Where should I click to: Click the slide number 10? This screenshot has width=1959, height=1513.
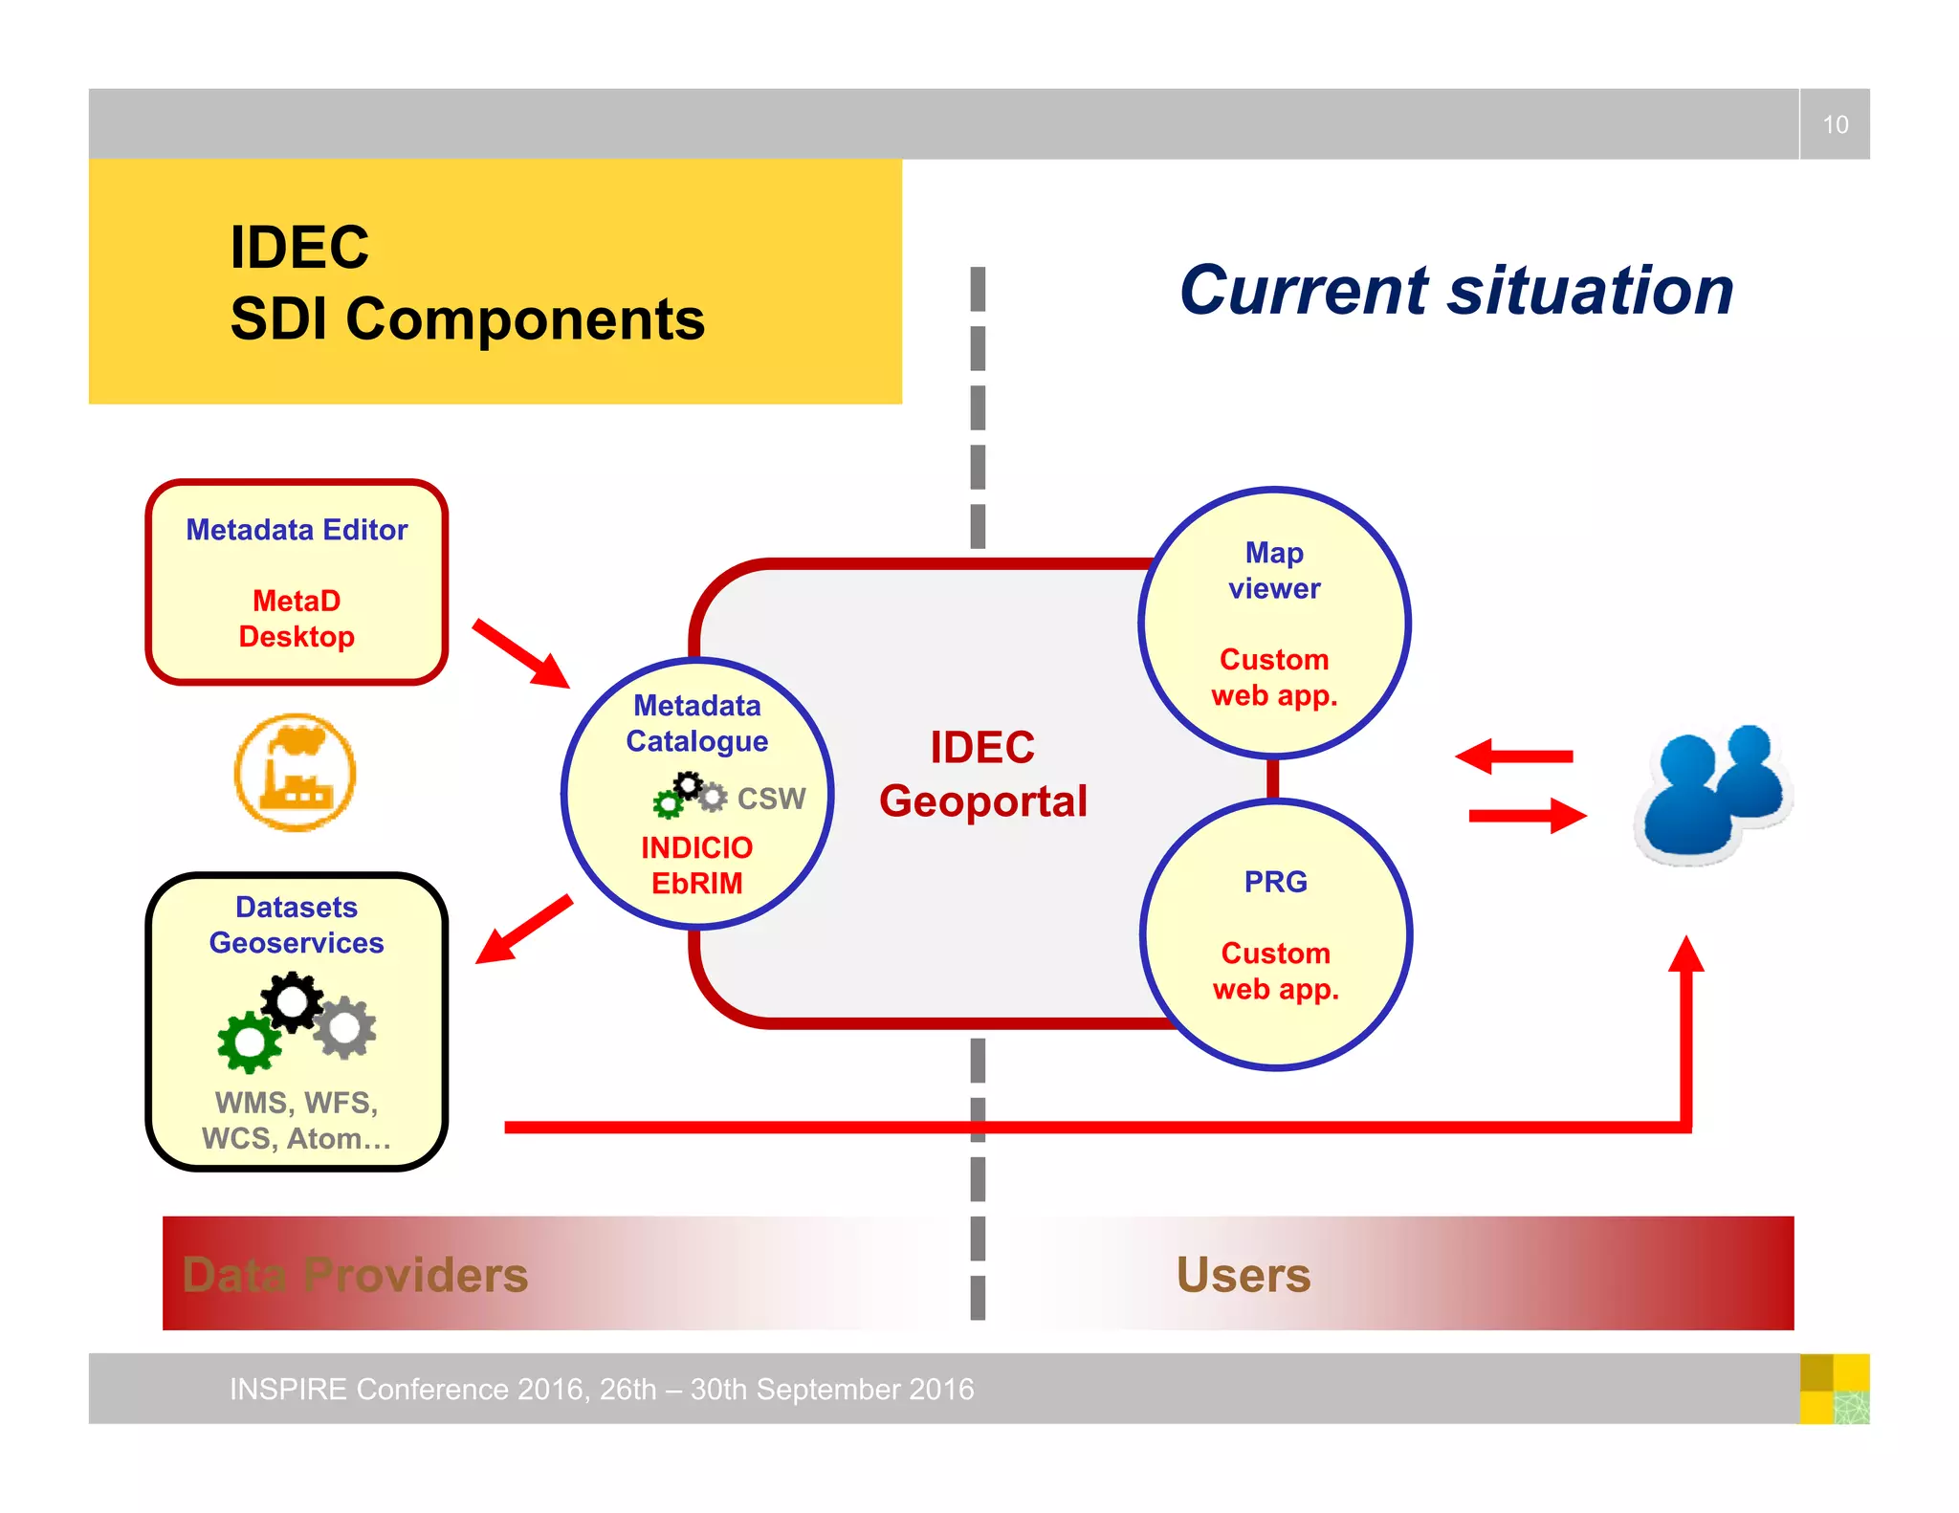(x=1834, y=124)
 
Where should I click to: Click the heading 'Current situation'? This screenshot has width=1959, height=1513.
(x=1455, y=290)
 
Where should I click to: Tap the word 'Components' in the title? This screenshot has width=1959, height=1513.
(x=524, y=319)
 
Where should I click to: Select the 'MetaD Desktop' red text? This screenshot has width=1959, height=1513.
(x=297, y=619)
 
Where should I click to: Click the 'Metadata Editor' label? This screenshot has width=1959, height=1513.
(x=297, y=530)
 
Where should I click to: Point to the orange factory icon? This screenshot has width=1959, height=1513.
(x=296, y=772)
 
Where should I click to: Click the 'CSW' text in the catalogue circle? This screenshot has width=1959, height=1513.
(x=771, y=799)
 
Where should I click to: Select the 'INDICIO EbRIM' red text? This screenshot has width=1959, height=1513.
(x=696, y=865)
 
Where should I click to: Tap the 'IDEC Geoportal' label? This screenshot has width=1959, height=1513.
(x=982, y=774)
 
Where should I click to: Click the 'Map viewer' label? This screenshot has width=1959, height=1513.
(x=1274, y=570)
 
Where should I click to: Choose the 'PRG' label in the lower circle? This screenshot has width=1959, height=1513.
(x=1275, y=881)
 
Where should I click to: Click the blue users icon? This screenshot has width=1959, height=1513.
(x=1713, y=793)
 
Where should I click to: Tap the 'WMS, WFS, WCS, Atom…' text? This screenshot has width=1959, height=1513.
(x=297, y=1120)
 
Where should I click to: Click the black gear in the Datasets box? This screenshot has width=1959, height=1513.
(x=292, y=1001)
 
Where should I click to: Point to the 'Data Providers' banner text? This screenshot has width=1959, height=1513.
(x=355, y=1275)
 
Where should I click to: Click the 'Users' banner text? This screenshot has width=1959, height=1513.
(x=1243, y=1275)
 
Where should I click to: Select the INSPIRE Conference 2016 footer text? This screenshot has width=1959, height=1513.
(x=601, y=1389)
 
